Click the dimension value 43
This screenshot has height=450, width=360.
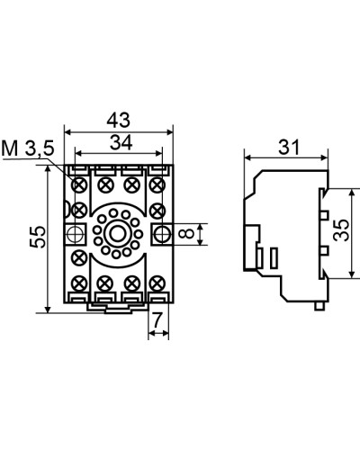[x=119, y=120]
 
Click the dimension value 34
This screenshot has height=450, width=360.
[x=121, y=143]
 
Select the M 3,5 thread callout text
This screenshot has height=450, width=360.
[x=28, y=148]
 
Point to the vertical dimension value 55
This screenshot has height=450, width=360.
[x=38, y=237]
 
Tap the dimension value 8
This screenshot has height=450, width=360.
[x=188, y=233]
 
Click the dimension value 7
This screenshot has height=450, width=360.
[x=158, y=320]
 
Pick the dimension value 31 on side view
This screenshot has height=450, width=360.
[x=289, y=148]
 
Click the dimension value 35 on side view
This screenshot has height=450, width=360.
[x=341, y=230]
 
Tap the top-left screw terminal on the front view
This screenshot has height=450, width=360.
[x=79, y=184]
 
